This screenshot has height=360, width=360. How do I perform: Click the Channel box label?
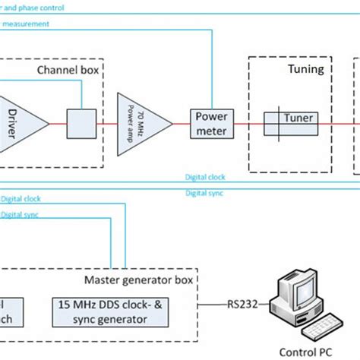[x=69, y=70]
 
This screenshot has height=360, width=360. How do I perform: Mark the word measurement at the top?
[x=27, y=24]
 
